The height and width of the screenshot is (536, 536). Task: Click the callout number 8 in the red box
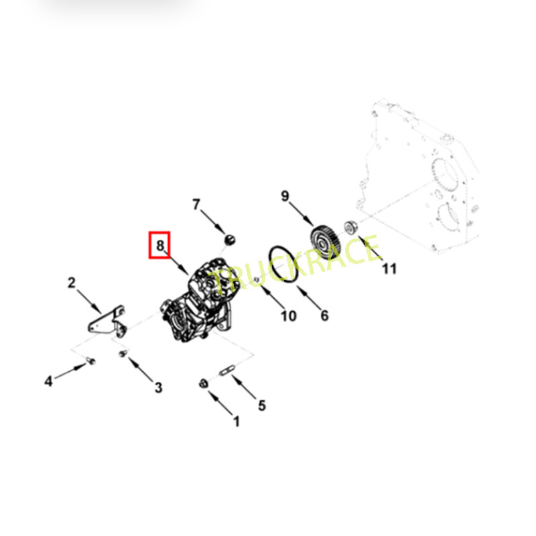(160, 245)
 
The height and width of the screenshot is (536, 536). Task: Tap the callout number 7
(196, 204)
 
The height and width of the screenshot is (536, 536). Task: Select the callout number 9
(285, 196)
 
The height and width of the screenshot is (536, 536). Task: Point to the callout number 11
(389, 269)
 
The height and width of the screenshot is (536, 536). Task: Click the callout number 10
(289, 316)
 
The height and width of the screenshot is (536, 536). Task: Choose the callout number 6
(324, 315)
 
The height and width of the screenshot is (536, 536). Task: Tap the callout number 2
(72, 283)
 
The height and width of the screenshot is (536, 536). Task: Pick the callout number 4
(48, 381)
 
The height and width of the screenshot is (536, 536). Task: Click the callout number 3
(158, 388)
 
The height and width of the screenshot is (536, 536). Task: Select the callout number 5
(262, 405)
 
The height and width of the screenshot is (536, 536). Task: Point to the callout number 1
(237, 421)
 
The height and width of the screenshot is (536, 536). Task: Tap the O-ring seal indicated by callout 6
(282, 264)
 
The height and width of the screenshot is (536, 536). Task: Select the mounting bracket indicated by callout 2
(107, 322)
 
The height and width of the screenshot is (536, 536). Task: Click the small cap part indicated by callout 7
(230, 239)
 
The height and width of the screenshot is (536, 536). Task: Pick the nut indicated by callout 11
(350, 227)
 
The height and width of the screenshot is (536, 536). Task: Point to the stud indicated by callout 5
(226, 371)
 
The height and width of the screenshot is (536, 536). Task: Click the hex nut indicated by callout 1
(203, 383)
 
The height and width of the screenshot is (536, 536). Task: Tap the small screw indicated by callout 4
(90, 360)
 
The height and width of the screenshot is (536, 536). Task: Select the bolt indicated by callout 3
(123, 353)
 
